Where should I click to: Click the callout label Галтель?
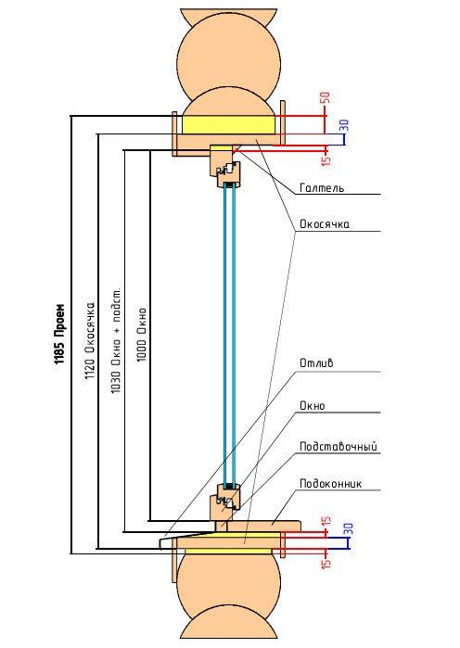click(322, 188)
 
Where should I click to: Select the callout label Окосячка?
click(325, 224)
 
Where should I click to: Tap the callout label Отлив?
click(316, 363)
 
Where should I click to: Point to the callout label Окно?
click(313, 406)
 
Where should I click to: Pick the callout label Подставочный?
click(339, 447)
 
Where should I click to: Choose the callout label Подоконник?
click(331, 484)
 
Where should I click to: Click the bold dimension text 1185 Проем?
click(60, 334)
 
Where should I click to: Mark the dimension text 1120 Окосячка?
click(90, 341)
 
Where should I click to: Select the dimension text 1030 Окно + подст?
click(116, 340)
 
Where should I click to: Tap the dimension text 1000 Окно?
click(142, 335)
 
